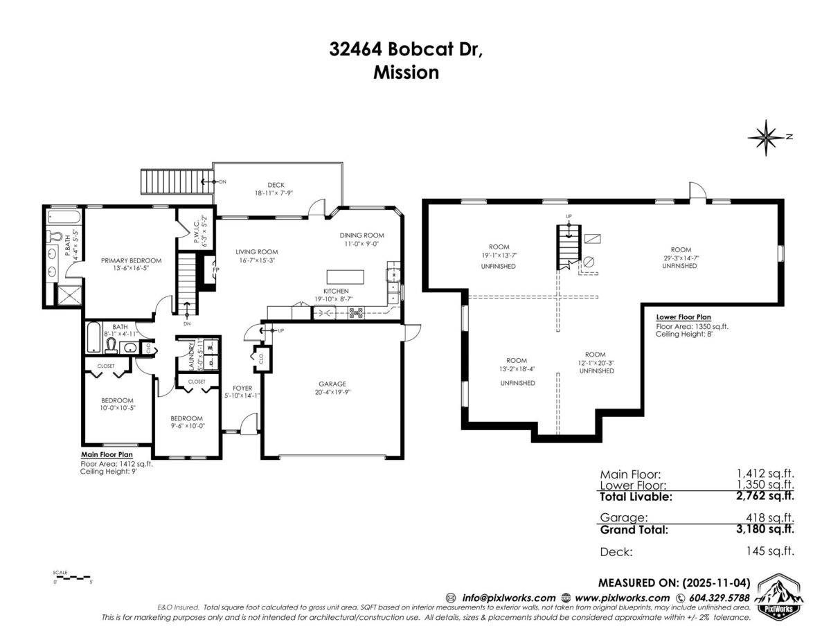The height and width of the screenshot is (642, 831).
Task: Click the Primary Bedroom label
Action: tap(131, 260)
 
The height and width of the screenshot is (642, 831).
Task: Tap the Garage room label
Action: tap(332, 384)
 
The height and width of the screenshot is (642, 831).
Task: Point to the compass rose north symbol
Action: tap(765, 136)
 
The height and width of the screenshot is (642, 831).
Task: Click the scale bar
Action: tap(72, 576)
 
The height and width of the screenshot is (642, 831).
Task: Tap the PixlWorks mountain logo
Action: tap(779, 595)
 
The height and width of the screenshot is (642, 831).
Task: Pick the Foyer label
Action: tap(242, 388)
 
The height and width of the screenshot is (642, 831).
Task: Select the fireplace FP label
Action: tap(216, 270)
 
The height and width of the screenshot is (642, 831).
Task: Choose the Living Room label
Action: tap(256, 252)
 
